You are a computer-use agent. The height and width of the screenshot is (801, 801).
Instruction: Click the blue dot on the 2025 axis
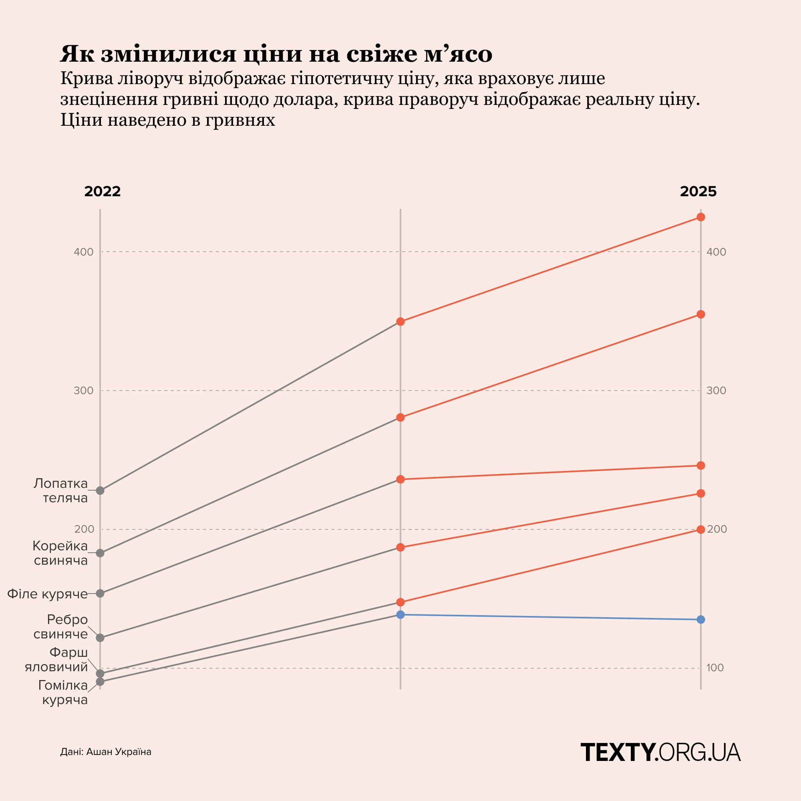pos(700,620)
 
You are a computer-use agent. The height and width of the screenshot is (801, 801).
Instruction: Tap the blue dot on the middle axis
pos(400,614)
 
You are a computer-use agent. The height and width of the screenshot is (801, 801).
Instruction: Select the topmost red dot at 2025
pos(700,217)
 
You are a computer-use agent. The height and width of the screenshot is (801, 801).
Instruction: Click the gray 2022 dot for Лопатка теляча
pos(100,491)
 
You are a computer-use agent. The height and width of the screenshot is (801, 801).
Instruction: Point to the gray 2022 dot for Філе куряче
pos(100,593)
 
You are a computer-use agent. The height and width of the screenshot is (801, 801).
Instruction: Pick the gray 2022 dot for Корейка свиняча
pos(100,553)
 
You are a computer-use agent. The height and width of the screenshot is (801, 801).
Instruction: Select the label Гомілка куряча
pos(62,693)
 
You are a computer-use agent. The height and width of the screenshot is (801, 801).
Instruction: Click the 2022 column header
pos(103,191)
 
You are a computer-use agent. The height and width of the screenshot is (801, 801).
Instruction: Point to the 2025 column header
pos(698,191)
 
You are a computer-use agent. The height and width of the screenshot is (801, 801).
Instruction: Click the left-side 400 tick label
pos(84,252)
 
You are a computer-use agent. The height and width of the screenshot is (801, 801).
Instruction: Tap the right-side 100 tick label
pos(715,668)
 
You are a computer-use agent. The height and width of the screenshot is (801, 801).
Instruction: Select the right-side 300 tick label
pos(716,390)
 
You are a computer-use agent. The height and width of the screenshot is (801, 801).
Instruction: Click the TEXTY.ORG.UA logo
pos(660,753)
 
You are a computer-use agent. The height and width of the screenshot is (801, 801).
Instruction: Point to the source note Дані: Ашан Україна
pos(106,752)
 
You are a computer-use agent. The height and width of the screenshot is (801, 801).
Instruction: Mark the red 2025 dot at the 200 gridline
pos(700,529)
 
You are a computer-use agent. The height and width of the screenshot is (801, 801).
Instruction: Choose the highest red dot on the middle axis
pos(400,322)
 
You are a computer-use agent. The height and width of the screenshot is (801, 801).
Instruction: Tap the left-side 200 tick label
pos(84,529)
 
